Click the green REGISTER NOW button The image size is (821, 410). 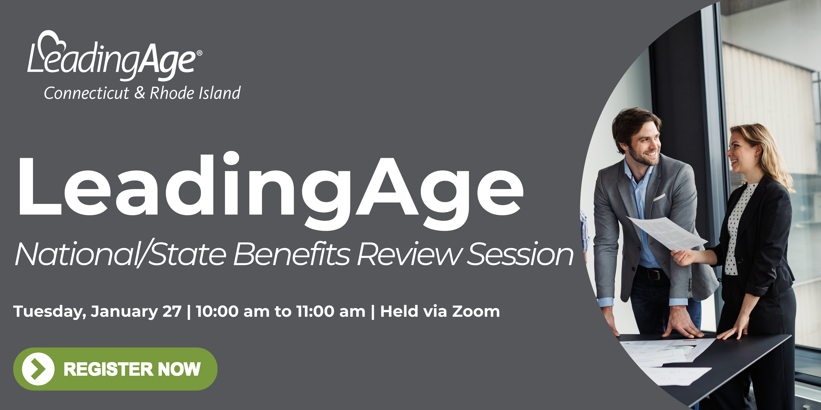point(115,369)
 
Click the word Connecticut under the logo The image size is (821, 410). point(86,93)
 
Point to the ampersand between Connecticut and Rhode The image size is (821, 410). point(140,93)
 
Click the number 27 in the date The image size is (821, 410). point(172,311)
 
